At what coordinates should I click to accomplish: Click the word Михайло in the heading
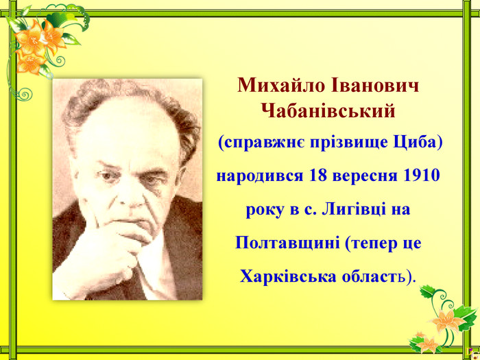(x=280, y=85)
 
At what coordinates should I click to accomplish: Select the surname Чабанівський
(x=328, y=111)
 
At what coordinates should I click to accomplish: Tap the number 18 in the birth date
(x=317, y=176)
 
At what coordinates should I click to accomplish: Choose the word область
(x=374, y=277)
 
